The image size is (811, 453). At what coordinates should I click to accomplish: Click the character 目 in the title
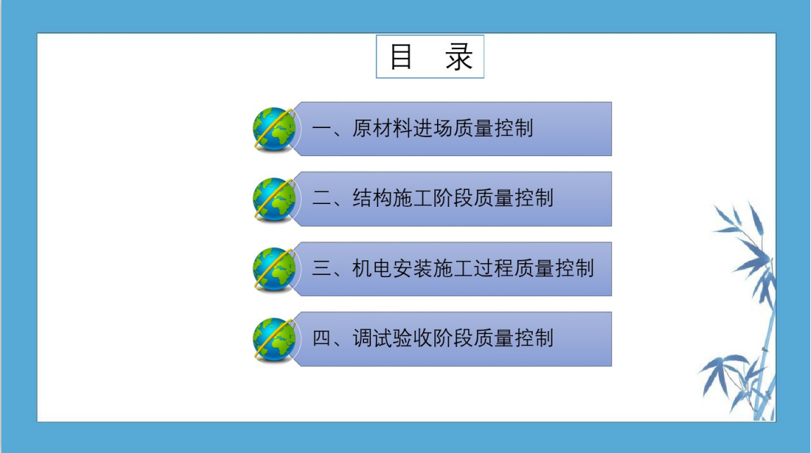(x=401, y=57)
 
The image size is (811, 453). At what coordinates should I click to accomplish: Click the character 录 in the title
(x=459, y=57)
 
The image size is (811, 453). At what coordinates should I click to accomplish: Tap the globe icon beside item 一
(x=275, y=129)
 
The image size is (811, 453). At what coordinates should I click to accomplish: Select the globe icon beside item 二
(x=275, y=199)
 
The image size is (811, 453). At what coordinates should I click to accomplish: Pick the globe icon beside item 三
(x=275, y=269)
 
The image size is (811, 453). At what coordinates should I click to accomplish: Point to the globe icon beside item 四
(x=275, y=340)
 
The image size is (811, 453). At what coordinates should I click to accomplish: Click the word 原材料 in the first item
(x=382, y=129)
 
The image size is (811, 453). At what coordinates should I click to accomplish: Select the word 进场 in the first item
(x=432, y=129)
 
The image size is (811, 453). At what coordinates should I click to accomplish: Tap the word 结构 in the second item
(x=372, y=198)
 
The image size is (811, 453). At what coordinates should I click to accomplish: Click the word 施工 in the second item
(x=413, y=198)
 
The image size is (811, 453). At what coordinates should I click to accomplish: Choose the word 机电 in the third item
(x=372, y=268)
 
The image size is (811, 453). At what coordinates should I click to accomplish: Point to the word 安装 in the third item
(x=413, y=268)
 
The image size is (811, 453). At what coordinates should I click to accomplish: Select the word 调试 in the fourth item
(x=372, y=338)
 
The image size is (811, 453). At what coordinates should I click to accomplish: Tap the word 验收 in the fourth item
(x=413, y=338)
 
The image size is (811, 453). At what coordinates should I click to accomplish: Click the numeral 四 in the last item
(x=321, y=338)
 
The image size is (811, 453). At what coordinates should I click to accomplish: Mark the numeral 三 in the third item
(x=321, y=268)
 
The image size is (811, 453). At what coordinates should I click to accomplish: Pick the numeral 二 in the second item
(x=321, y=198)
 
